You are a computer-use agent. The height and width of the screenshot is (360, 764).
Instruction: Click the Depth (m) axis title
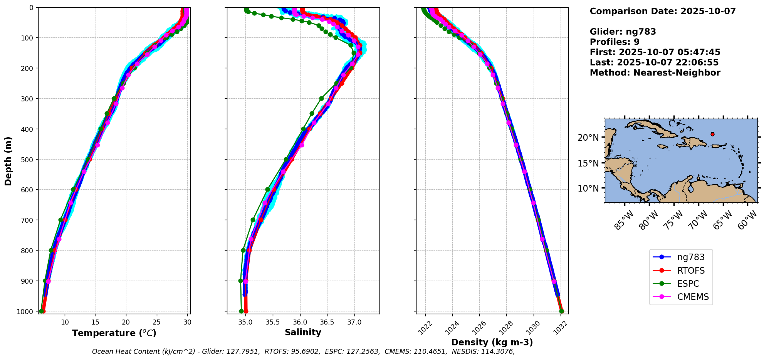[8, 161]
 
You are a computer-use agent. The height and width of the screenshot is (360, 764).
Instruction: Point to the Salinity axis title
[303, 332]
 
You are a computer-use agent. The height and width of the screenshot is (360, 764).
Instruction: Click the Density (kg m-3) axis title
[492, 342]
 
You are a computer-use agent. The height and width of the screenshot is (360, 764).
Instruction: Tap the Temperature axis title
[114, 333]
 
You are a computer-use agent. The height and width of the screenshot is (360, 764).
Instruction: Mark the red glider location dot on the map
[712, 134]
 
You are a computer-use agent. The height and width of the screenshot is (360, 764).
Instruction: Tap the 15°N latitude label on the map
[588, 163]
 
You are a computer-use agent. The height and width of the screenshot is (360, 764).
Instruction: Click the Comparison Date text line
[663, 11]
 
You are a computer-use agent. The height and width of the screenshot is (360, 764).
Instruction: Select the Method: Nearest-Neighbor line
[655, 73]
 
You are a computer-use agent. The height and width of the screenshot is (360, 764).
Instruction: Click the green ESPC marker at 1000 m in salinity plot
[241, 311]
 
